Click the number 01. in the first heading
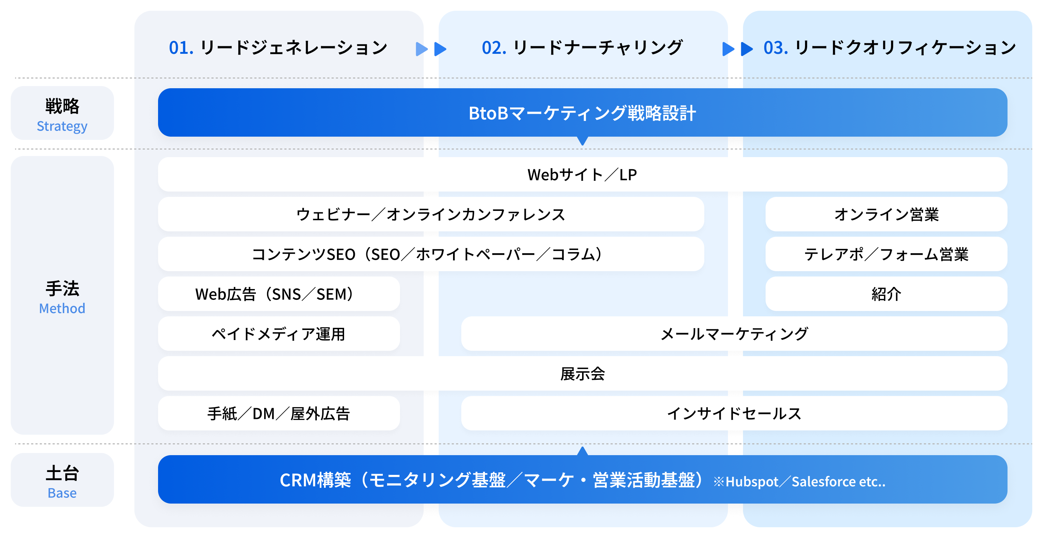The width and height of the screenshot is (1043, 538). click(x=181, y=48)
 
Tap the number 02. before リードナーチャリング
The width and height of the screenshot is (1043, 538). click(x=494, y=48)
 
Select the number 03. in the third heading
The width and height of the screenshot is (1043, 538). click(x=776, y=48)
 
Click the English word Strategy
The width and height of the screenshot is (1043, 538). click(x=62, y=126)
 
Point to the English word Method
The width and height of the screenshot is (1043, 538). click(x=62, y=308)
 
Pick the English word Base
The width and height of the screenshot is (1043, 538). click(x=62, y=493)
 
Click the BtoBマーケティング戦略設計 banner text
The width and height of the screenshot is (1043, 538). click(x=582, y=113)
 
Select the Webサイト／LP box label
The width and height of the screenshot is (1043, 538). click(x=582, y=175)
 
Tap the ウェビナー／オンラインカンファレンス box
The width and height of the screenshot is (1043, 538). click(x=431, y=214)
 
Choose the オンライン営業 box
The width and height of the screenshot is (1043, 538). click(x=886, y=214)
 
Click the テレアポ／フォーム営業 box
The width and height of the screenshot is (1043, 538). click(x=886, y=254)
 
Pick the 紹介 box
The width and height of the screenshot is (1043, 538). click(x=886, y=294)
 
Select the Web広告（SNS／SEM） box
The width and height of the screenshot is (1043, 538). click(x=279, y=294)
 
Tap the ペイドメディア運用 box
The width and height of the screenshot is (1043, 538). click(x=279, y=334)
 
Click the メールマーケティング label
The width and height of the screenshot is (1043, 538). click(x=734, y=334)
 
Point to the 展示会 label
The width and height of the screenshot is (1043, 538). click(x=582, y=373)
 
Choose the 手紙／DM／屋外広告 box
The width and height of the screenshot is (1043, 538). click(x=279, y=413)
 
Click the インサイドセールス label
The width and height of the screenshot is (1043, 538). click(x=734, y=413)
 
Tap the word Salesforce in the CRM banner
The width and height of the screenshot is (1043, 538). click(x=824, y=481)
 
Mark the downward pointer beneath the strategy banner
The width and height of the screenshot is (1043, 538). click(x=582, y=141)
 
